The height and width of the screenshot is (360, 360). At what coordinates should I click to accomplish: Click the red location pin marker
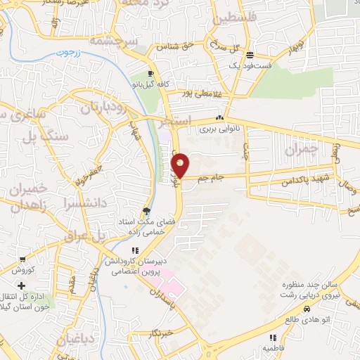181,165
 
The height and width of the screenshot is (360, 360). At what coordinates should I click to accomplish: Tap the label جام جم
210,178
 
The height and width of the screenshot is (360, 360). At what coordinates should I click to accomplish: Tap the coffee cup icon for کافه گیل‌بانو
150,74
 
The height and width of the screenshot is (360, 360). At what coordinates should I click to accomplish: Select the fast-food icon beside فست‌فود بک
250,56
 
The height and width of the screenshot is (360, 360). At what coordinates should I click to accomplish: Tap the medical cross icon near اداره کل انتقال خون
22,286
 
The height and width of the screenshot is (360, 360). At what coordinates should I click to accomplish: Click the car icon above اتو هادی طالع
307,309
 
